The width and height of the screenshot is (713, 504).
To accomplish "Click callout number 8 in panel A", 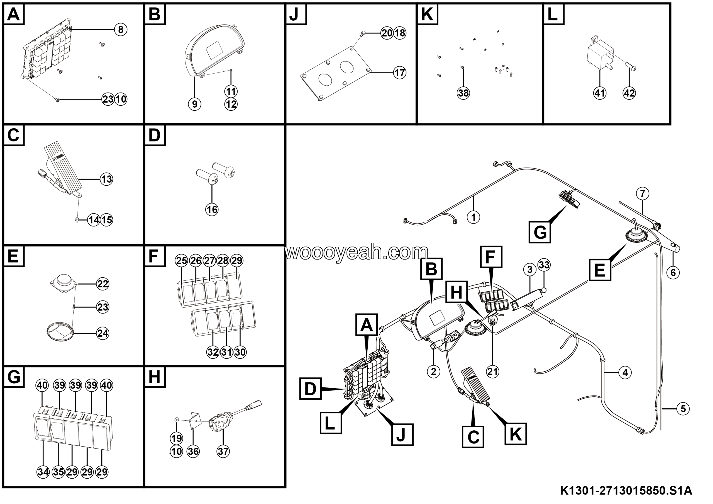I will [x=121, y=30].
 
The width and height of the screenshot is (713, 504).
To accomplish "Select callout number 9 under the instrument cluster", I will [x=194, y=104].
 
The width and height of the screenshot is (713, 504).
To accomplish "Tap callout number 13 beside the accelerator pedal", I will [x=106, y=179].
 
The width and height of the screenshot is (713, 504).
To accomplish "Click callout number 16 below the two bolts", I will [x=212, y=209].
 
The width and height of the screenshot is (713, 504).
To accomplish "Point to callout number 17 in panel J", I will [x=400, y=73].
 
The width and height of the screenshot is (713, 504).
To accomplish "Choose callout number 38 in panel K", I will [x=463, y=93].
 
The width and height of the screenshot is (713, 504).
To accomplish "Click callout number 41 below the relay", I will [x=600, y=93].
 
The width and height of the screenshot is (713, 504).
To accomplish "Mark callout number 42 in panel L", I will [x=629, y=93].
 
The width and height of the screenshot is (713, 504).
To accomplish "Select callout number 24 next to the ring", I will [x=103, y=333].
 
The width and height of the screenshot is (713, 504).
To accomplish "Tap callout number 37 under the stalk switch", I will [x=223, y=451].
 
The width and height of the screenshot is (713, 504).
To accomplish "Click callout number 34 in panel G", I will [x=43, y=472].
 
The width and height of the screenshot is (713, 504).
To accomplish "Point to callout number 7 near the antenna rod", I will [x=643, y=193].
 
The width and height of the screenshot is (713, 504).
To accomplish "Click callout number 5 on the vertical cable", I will [x=683, y=409].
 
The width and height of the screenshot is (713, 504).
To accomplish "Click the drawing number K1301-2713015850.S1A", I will [x=626, y=491].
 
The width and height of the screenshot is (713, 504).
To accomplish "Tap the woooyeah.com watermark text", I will [x=356, y=252].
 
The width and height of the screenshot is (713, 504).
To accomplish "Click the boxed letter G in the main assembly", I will [x=540, y=232].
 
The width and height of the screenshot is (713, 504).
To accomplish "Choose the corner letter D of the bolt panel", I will [x=155, y=135].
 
